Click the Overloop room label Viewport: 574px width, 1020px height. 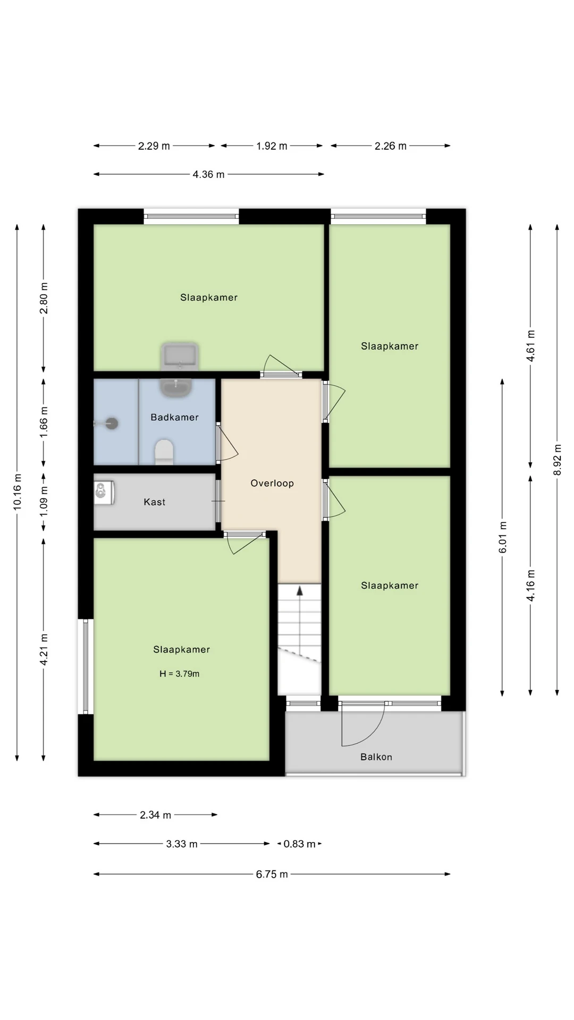272,483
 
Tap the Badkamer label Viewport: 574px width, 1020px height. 174,417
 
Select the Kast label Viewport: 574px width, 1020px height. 155,502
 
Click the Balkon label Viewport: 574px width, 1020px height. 376,757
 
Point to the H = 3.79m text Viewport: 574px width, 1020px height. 180,674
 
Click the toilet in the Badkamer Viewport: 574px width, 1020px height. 164,452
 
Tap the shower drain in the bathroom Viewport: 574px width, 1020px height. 112,423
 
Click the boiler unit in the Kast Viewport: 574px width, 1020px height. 104,492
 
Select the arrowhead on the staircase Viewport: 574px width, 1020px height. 299,590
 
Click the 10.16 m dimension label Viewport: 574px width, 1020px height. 18,491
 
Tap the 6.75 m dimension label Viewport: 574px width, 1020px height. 272,874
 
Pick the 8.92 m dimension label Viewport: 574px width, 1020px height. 558,460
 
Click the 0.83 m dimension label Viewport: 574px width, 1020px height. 300,844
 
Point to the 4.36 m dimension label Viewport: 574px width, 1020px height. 208,174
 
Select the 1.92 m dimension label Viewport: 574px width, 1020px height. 272,146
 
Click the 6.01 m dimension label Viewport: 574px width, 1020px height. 503,537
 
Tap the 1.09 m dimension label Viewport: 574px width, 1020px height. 44,501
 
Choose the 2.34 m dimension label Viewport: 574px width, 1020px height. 156,815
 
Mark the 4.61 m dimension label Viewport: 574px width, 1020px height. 530,346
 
